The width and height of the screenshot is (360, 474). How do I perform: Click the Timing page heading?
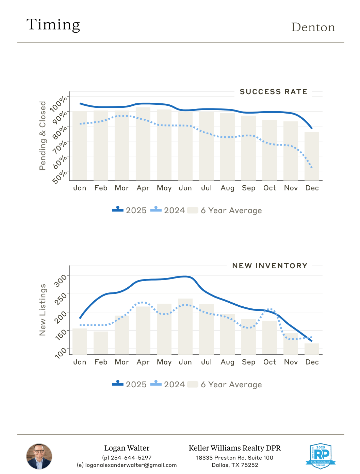(x=53, y=25)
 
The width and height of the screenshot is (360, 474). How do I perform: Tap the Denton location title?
(x=313, y=27)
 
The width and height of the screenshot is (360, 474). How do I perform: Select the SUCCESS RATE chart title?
(x=273, y=92)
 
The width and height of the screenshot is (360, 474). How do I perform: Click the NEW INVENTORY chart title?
(x=269, y=266)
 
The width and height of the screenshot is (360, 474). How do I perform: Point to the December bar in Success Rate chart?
(x=312, y=156)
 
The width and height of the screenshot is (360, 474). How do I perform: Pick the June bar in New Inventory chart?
(x=185, y=326)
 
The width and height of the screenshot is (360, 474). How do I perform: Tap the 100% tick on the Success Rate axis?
(x=59, y=104)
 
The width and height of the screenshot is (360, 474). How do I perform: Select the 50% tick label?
(x=60, y=177)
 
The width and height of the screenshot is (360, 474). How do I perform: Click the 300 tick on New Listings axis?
(x=61, y=281)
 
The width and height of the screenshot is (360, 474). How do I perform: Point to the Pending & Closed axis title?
(x=43, y=136)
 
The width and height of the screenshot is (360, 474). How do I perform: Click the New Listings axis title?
(x=43, y=310)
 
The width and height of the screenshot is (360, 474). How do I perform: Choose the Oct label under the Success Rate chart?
(x=269, y=188)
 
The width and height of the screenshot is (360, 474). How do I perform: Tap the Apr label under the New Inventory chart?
(x=143, y=362)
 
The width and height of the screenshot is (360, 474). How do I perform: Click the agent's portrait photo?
(x=39, y=456)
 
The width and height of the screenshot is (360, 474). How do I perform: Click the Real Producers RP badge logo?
(x=321, y=456)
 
